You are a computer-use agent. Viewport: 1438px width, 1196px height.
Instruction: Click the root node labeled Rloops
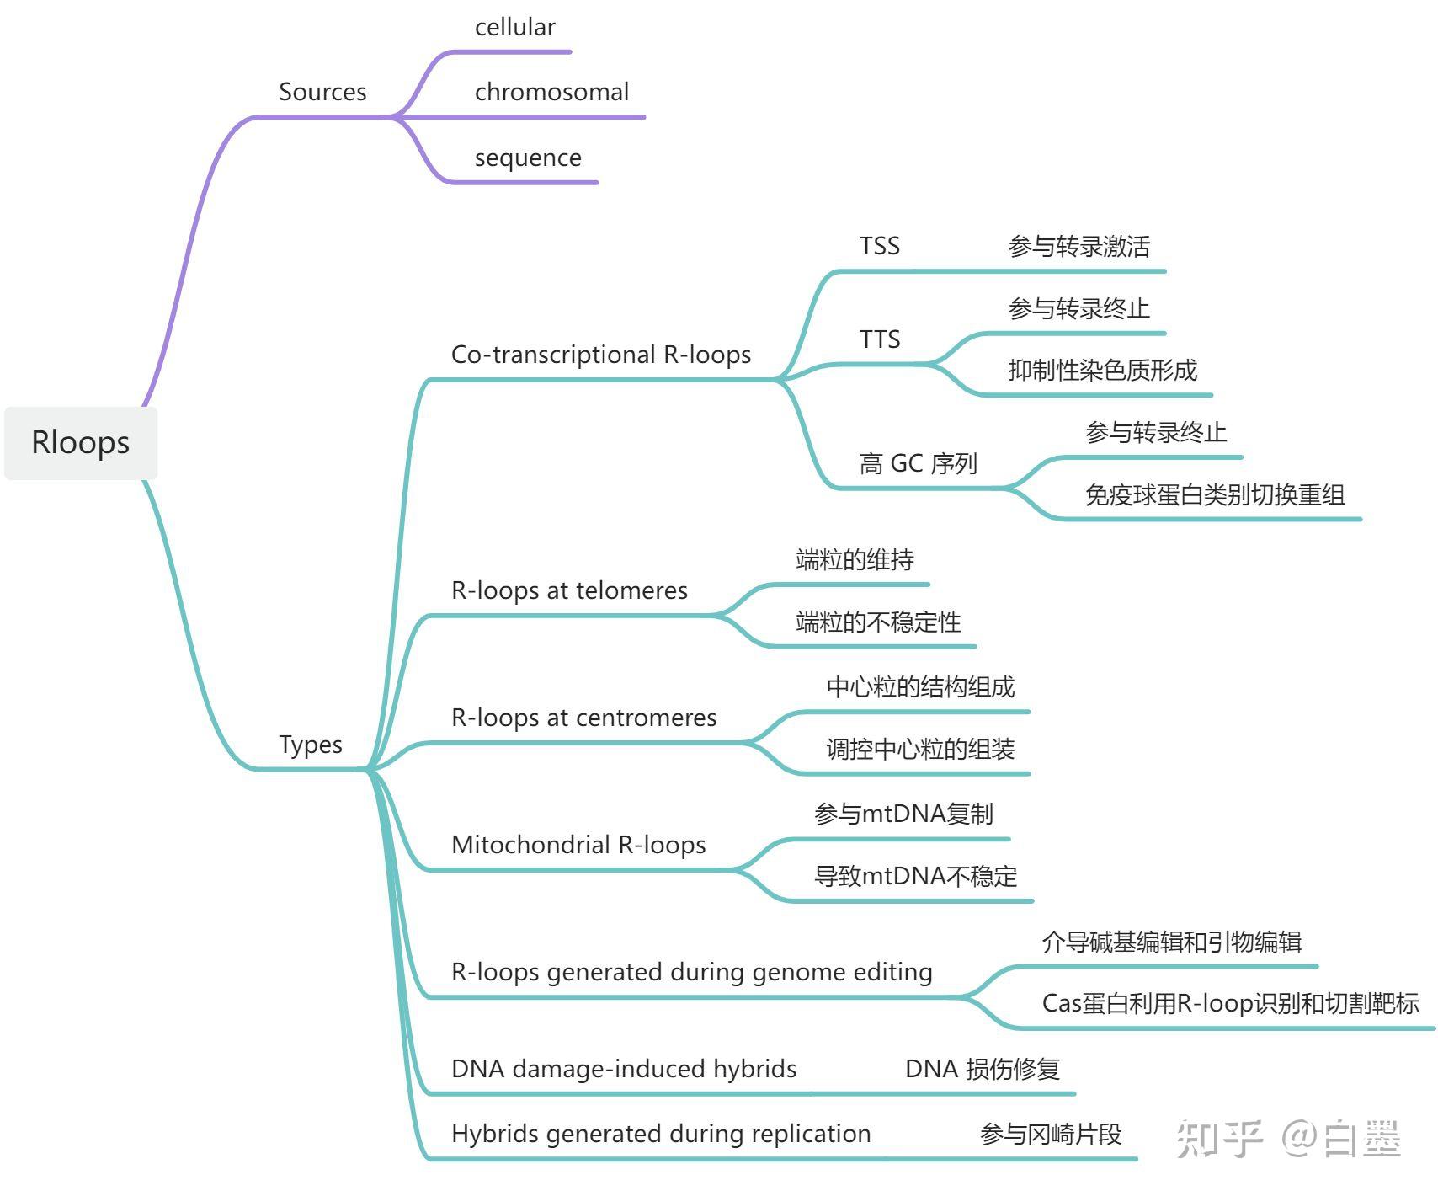81,443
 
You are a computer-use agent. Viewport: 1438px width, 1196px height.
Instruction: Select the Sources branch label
322,92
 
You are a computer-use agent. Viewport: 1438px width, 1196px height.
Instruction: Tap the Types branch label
311,745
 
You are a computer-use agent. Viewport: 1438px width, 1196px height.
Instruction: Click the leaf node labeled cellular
514,28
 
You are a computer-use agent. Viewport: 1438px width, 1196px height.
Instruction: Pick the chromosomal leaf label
551,92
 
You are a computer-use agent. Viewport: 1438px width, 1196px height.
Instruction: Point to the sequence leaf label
528,158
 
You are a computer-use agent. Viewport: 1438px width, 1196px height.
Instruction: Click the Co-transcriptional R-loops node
601,355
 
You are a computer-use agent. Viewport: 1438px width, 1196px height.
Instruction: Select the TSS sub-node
880,246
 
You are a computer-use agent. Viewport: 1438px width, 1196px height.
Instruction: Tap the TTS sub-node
880,339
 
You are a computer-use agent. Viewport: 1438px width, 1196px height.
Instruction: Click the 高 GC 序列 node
918,463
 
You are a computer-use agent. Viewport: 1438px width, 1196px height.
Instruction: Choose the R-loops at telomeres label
569,590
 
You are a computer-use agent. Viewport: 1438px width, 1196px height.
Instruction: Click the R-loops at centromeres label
583,718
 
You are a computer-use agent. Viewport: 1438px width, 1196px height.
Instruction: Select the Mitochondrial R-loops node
578,845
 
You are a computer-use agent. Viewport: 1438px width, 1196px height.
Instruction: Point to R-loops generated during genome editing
691,972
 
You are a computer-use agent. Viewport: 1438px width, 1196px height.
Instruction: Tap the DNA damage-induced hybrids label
624,1069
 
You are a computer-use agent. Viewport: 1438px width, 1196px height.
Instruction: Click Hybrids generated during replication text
661,1134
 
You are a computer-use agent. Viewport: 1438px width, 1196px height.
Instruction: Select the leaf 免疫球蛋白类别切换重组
1214,494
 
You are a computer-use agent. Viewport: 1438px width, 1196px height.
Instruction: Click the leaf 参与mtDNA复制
903,814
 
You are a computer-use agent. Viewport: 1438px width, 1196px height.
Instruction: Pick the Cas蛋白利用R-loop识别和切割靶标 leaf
1230,1003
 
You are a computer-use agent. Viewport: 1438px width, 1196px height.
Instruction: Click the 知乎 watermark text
1219,1139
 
